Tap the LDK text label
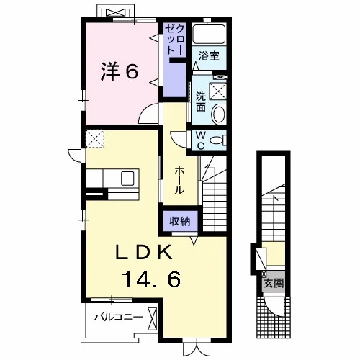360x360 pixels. (x=144, y=252)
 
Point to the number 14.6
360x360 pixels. (x=151, y=279)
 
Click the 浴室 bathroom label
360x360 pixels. (x=209, y=56)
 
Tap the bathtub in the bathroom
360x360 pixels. (x=209, y=34)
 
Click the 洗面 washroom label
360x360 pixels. (x=201, y=102)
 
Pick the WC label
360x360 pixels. (x=201, y=140)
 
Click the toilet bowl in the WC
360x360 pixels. (x=217, y=140)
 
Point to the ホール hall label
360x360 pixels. (x=179, y=181)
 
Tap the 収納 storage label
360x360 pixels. (x=180, y=221)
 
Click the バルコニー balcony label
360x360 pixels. (x=118, y=318)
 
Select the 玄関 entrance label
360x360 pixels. (x=274, y=284)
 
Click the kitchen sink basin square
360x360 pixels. (x=127, y=179)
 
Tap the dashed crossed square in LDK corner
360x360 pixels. (x=95, y=139)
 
